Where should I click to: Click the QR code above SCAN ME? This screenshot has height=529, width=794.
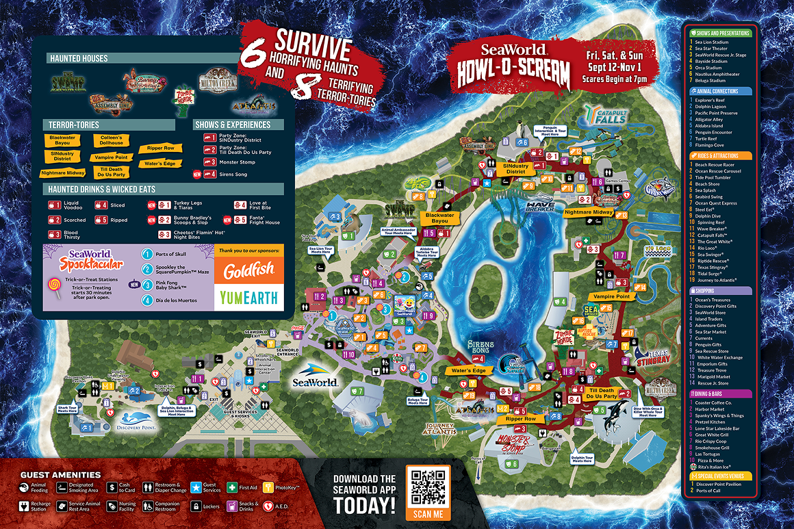(x=428, y=486)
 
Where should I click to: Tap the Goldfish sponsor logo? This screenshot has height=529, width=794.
(x=249, y=271)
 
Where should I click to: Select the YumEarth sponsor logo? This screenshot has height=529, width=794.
(x=249, y=296)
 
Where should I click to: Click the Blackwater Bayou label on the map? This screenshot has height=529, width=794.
(x=439, y=218)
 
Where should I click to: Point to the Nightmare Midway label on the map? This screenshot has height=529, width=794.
(x=588, y=212)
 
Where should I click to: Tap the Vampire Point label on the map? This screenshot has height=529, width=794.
(x=611, y=296)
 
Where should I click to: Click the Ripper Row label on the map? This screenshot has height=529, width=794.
(x=521, y=418)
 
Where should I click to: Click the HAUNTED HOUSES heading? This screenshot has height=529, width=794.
(x=78, y=59)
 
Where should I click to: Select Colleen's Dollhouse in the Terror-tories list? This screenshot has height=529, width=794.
(x=111, y=140)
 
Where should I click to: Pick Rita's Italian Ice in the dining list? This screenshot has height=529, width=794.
(x=718, y=467)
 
